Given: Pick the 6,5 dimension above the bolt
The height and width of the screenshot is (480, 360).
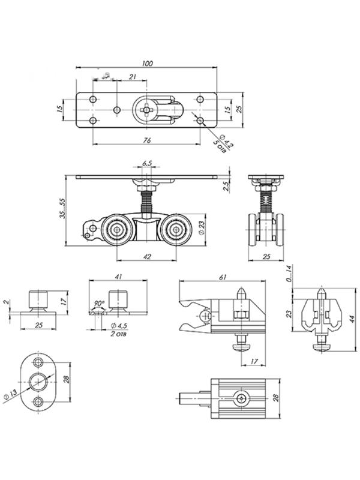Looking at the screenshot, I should (x=147, y=163).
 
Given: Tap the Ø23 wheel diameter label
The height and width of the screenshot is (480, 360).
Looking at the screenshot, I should (x=202, y=228).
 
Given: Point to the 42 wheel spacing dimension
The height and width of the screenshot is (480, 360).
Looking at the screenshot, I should (x=148, y=257).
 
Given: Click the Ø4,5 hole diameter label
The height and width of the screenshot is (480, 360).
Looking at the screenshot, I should (x=119, y=326).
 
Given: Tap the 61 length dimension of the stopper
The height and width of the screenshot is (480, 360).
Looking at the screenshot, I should (x=223, y=278).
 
